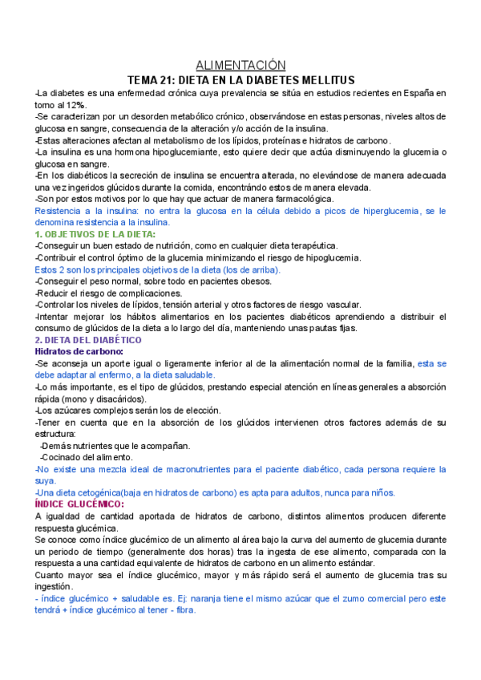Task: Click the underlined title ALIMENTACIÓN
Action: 240,65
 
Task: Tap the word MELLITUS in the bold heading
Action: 321,80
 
